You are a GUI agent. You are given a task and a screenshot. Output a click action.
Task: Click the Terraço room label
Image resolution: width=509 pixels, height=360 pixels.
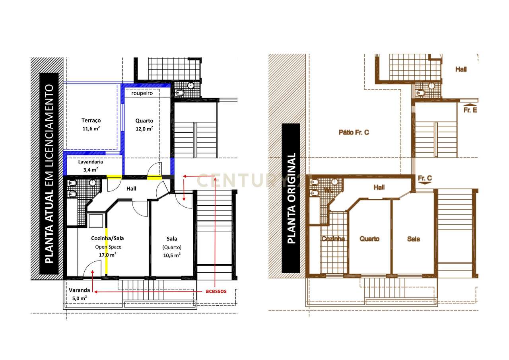coord(91,120)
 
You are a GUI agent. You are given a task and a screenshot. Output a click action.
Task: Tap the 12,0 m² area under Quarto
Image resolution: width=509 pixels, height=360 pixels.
coord(144,128)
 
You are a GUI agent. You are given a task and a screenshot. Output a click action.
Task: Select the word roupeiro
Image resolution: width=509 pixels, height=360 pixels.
coord(142,93)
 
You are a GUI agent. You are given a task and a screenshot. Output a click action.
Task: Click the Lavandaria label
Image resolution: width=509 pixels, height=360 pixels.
coord(90,162)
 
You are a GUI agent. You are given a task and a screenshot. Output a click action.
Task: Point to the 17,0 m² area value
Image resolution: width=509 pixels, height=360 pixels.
coord(107,255)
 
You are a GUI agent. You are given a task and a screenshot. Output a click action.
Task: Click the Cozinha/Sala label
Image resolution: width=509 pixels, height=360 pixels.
coord(107,238)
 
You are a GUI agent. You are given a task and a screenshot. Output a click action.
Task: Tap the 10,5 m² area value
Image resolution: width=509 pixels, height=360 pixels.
coord(172,255)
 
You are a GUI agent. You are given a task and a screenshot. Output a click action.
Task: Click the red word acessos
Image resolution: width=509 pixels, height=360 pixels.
coord(216,291)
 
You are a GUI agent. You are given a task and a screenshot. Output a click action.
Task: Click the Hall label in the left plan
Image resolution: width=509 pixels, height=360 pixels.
coord(131,188)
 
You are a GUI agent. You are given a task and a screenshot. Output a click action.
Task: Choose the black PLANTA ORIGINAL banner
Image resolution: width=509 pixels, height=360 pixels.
coord(291,198)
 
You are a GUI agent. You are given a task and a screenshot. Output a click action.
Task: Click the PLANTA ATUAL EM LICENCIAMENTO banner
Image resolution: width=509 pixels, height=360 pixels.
coord(49,173)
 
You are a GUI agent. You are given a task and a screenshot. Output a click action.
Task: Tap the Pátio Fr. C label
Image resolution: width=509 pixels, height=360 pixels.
coord(354,132)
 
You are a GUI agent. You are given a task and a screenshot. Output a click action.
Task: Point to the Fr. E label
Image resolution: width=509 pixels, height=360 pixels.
coord(470,110)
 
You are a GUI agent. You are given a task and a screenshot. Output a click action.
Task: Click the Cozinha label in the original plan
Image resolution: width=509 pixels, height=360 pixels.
coord(333,239)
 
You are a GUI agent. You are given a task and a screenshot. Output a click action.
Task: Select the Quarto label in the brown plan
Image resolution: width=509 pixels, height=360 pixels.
coord(369,239)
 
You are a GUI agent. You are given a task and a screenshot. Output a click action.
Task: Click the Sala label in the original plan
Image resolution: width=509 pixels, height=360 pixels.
coord(413,239)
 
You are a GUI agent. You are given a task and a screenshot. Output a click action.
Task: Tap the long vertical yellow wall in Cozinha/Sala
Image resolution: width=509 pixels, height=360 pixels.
coord(106,251)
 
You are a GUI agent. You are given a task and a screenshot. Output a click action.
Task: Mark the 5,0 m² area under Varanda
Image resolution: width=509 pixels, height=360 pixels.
coord(80,298)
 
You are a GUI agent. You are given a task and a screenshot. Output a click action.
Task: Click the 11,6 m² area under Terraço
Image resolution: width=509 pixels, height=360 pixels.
coord(91,128)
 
